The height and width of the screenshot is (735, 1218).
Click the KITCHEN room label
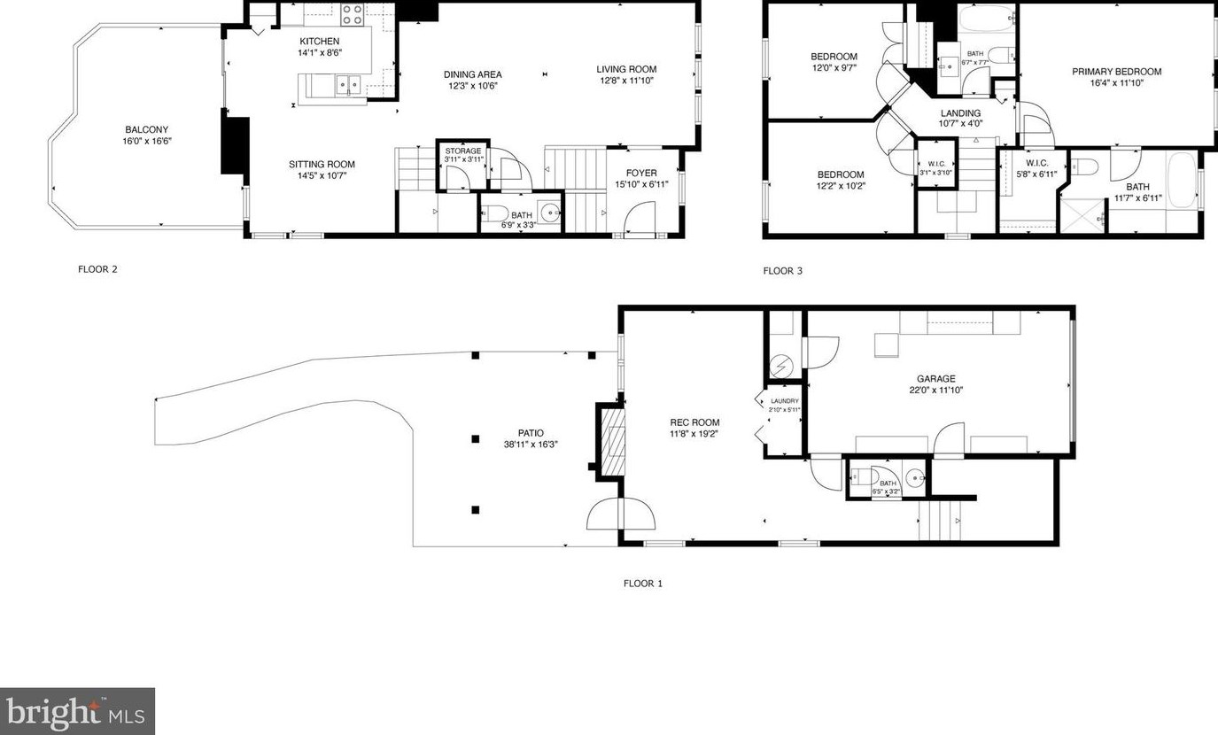(x=319, y=42)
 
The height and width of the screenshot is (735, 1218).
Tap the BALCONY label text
(x=146, y=129)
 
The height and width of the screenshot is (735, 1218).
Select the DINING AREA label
(x=473, y=74)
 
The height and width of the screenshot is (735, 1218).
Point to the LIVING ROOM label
(x=626, y=69)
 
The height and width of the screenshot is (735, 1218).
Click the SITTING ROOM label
(x=322, y=164)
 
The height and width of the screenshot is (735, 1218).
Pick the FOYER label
(x=641, y=173)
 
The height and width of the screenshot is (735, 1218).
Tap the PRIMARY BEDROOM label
(x=1116, y=72)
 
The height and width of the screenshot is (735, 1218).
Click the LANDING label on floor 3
(x=960, y=113)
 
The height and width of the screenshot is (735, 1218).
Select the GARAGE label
(x=935, y=379)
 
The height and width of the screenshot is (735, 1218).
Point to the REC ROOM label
(x=694, y=422)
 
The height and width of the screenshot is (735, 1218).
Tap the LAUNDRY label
(x=784, y=401)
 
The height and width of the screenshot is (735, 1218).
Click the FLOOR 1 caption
(x=642, y=584)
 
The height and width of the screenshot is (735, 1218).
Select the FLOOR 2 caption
(x=97, y=270)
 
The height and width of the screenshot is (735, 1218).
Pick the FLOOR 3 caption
(x=782, y=271)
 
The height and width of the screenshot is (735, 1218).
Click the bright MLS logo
(x=77, y=711)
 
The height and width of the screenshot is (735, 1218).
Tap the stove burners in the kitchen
(x=352, y=13)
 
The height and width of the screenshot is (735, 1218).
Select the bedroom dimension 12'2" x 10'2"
(x=840, y=186)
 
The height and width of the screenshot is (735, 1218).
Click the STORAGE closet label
(x=462, y=151)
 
